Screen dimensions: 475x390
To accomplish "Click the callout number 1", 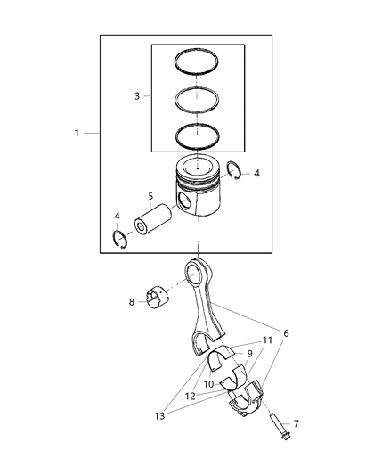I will click(77, 133).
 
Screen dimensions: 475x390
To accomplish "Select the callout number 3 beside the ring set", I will click(136, 95).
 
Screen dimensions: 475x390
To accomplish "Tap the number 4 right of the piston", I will click(256, 174).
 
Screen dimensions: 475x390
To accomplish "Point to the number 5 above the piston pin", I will click(151, 196).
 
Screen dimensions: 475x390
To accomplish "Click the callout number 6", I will click(285, 333).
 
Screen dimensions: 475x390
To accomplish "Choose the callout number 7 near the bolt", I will click(297, 424).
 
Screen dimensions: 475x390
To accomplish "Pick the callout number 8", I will click(132, 302).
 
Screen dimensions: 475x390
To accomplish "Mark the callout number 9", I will click(249, 353).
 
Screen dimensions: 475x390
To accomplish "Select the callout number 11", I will click(267, 340).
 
